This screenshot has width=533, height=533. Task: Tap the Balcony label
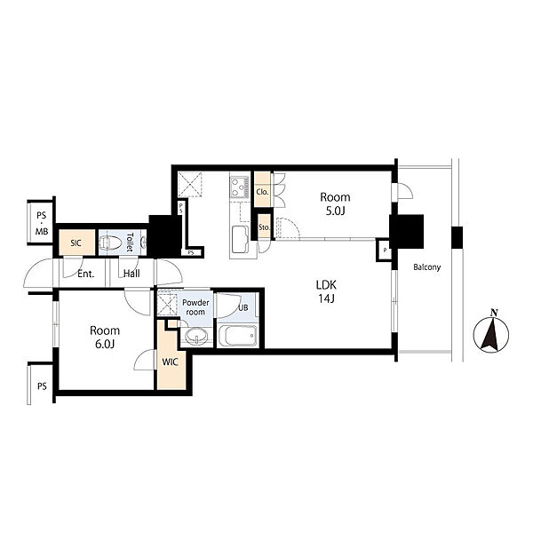click(427, 267)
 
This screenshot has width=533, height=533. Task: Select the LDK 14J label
click(326, 291)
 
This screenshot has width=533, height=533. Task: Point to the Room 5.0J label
click(335, 204)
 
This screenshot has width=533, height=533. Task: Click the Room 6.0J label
click(105, 338)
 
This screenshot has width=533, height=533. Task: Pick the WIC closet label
click(170, 362)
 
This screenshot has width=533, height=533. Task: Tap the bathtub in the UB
click(238, 336)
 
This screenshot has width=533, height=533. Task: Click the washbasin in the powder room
click(196, 336)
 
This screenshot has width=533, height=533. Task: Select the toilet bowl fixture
click(111, 243)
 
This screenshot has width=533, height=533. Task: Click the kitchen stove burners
click(240, 187)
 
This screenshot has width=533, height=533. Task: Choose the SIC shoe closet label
click(76, 243)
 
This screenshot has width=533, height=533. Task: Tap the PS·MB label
click(42, 223)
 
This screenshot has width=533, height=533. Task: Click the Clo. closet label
click(262, 192)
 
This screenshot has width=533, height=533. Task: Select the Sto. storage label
click(264, 227)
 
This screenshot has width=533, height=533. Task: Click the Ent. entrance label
click(85, 274)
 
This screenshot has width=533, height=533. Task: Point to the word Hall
click(131, 274)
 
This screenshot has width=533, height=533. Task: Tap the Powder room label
click(195, 307)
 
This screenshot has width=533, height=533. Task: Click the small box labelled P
click(384, 251)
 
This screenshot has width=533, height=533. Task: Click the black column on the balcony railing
click(457, 237)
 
